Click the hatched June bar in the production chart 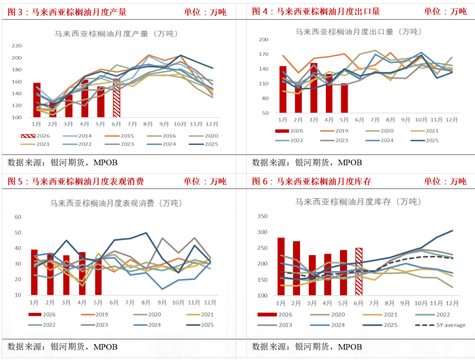[117, 98]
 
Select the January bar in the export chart [283, 89]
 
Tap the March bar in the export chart [314, 88]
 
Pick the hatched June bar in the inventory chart [359, 272]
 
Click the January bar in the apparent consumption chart [34, 272]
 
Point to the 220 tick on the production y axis [17, 46]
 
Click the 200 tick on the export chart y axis [263, 40]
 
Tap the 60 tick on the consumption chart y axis [18, 217]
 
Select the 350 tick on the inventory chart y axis [262, 216]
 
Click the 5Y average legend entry [440, 325]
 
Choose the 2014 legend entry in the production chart [77, 136]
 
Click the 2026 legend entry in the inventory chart [275, 315]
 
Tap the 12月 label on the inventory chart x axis [452, 303]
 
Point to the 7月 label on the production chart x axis [132, 124]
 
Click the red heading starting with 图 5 [76, 181]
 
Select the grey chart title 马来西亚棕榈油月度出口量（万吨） [359, 32]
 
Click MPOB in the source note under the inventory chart [350, 347]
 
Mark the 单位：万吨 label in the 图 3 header [205, 12]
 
